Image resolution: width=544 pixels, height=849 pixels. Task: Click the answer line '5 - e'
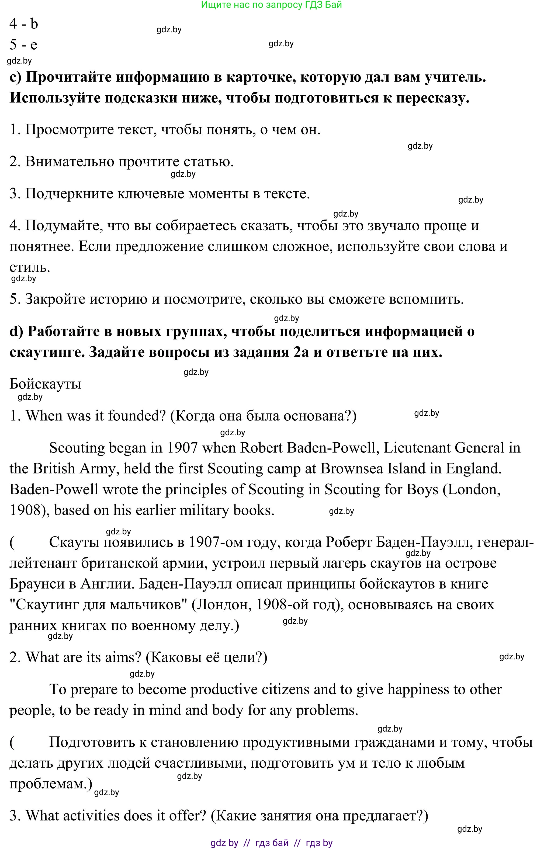click(x=23, y=45)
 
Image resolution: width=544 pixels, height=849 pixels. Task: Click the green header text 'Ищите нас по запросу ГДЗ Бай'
click(x=271, y=5)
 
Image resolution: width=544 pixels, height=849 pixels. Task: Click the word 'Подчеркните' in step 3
click(x=68, y=194)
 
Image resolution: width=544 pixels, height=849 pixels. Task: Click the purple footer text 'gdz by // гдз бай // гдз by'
click(x=271, y=843)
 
